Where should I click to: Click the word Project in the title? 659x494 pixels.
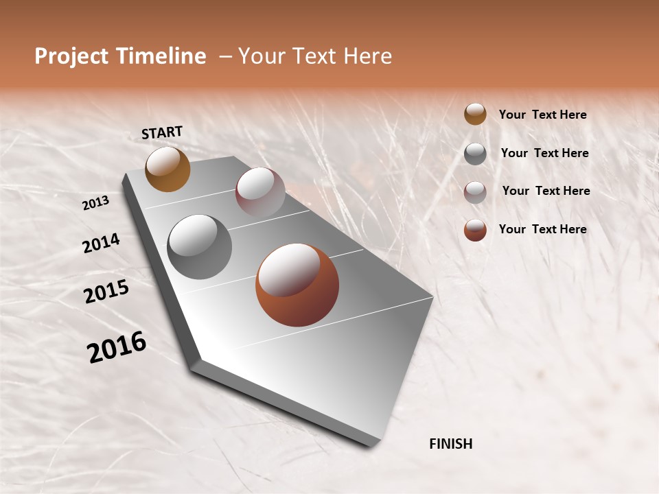click(70, 56)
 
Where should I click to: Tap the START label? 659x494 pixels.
click(162, 132)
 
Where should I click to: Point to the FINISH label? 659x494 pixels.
click(450, 444)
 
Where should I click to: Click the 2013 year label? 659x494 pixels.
click(96, 202)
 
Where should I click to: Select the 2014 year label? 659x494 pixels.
click(101, 243)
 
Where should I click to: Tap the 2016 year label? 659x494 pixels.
click(117, 347)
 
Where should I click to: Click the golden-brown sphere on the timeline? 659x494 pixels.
click(167, 169)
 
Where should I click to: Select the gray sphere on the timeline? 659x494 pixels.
click(199, 247)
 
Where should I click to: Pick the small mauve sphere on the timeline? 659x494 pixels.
click(260, 192)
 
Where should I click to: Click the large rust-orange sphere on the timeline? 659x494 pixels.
click(297, 285)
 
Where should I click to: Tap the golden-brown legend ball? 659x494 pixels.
click(475, 114)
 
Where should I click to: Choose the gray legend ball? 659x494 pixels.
click(475, 153)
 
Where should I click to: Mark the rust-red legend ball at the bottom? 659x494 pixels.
click(475, 230)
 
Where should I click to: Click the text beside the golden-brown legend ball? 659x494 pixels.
click(542, 115)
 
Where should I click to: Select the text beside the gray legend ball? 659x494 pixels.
click(544, 153)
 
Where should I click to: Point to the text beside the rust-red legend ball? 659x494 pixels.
click(542, 229)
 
